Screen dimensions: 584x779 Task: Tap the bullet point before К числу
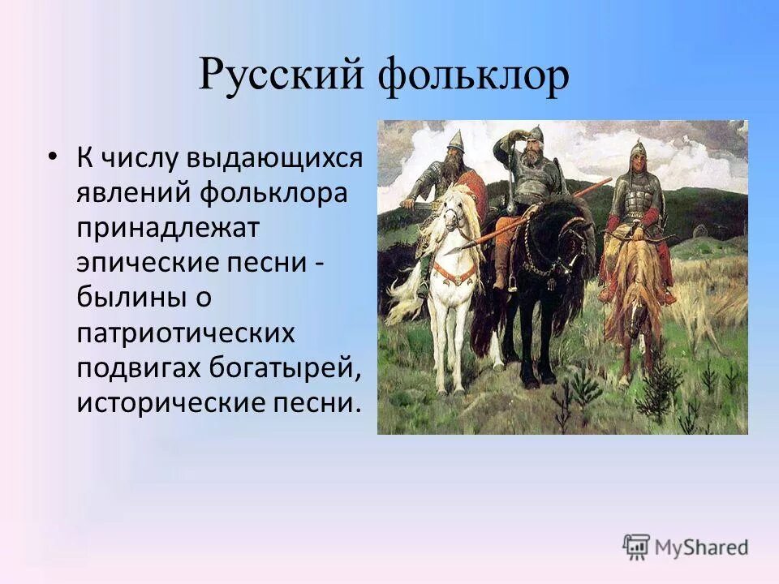tap(53, 155)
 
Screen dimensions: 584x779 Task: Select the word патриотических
tap(183, 333)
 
